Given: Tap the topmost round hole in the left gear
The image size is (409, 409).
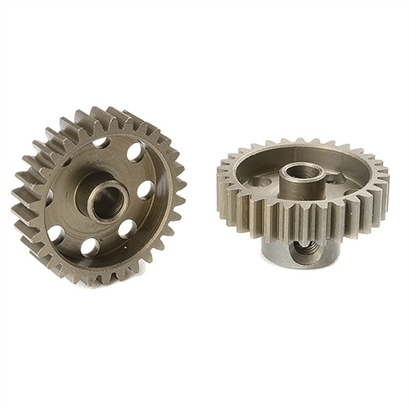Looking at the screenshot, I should [x=101, y=144].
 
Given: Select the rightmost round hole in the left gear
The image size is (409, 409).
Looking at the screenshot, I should [x=145, y=190].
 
